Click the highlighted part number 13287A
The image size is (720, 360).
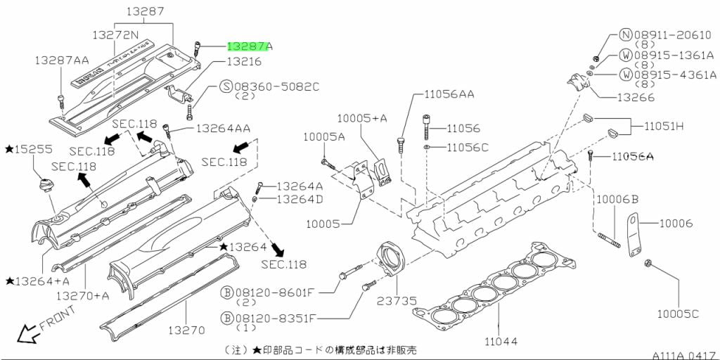[x=250, y=46]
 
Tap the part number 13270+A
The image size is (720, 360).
[x=82, y=295]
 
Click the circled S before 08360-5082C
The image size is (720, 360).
[x=226, y=86]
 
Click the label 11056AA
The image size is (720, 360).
[x=449, y=93]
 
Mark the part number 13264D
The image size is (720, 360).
[x=299, y=199]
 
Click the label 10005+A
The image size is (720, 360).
[x=362, y=118]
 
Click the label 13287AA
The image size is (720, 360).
[x=62, y=61]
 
